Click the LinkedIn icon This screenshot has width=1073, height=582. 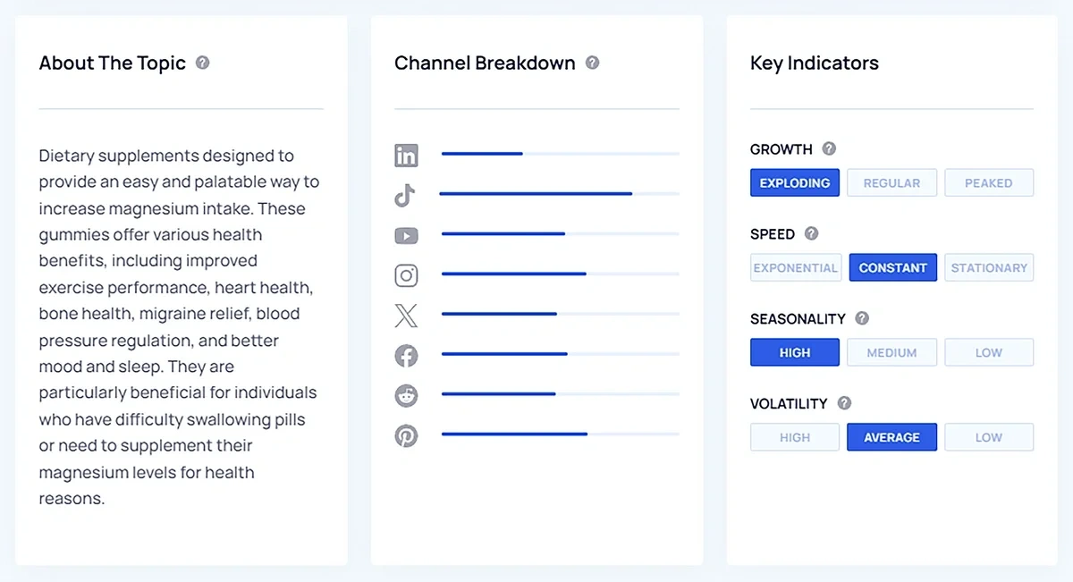[406, 156]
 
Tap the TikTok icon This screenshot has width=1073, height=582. [405, 195]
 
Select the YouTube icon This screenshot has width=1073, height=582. [406, 236]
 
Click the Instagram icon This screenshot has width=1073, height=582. [406, 275]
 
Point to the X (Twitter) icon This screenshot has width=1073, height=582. [406, 315]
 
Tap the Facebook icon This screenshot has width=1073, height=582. [406, 355]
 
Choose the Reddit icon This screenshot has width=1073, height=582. [406, 395]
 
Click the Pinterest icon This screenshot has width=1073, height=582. [406, 435]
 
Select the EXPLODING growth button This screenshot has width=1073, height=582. [795, 182]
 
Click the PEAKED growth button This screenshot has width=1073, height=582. [988, 182]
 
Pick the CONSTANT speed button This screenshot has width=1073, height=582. [892, 267]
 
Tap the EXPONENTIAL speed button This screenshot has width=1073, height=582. [796, 267]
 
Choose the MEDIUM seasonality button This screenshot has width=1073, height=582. [891, 352]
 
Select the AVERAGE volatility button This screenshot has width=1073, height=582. [891, 437]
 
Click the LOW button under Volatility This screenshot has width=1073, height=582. [988, 437]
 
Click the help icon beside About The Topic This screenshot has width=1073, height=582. [203, 63]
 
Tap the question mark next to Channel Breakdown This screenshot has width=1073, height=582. [592, 63]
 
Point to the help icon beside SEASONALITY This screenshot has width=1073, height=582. [862, 318]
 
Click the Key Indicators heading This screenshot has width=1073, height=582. [814, 63]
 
